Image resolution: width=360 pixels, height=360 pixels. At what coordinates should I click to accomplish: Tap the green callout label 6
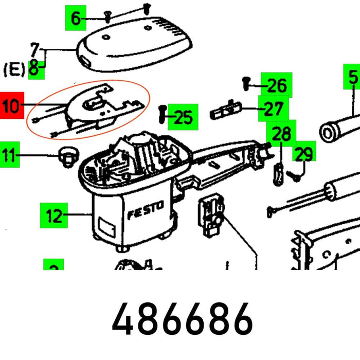(76, 19)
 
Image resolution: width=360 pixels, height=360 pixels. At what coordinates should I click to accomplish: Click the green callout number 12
(53, 215)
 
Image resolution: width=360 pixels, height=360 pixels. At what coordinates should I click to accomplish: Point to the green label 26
(277, 85)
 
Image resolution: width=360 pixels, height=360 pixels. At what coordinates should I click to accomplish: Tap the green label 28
(281, 135)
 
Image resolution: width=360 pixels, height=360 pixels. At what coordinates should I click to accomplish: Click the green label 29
(304, 154)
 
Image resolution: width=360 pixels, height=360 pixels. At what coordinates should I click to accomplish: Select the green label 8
(34, 69)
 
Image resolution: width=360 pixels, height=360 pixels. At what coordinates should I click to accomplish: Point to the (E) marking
(14, 69)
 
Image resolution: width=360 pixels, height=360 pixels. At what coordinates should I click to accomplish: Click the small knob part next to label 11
(66, 155)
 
